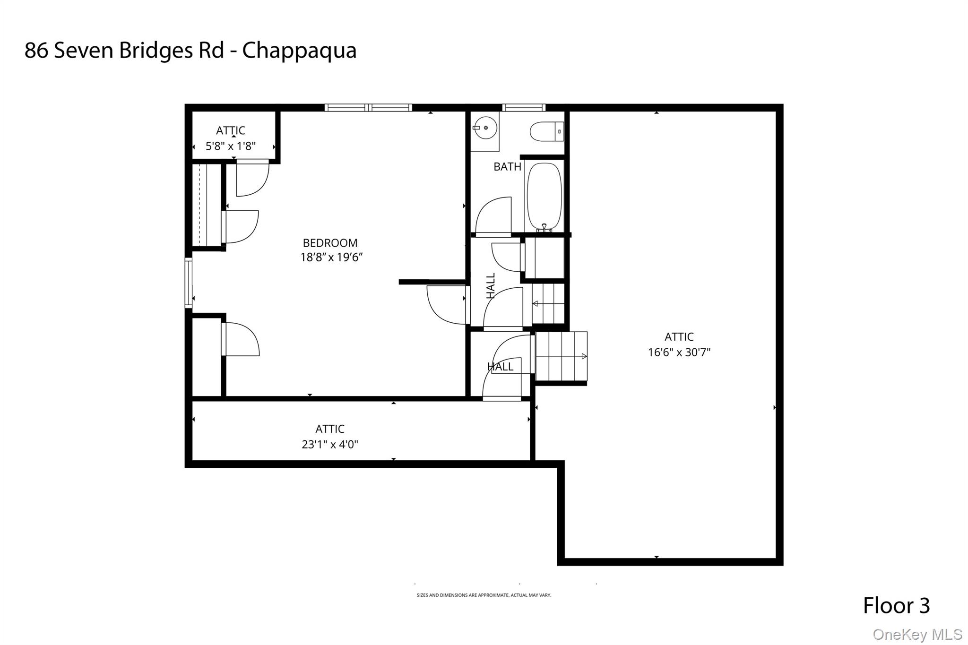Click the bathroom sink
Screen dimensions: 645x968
click(484, 128)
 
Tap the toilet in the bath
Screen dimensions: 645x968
click(546, 131)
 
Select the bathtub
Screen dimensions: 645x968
click(544, 197)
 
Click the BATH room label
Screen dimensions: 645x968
click(507, 167)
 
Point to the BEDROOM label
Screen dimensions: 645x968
click(330, 243)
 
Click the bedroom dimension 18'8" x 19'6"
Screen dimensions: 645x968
click(331, 258)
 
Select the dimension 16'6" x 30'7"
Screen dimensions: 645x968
click(679, 352)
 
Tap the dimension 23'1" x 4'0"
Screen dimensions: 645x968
click(330, 444)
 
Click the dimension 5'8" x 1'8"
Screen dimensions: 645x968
click(231, 146)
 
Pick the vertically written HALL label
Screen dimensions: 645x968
click(491, 285)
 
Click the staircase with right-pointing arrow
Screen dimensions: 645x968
click(562, 356)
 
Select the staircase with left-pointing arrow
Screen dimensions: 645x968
click(549, 303)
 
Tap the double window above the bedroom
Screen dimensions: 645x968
click(368, 108)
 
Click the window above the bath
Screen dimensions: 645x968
click(524, 108)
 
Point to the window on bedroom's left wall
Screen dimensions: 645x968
click(189, 283)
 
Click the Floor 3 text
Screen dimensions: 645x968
click(896, 606)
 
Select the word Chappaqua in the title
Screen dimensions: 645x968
click(299, 51)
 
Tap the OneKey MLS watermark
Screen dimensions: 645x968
click(917, 634)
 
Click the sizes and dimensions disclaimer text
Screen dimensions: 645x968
click(484, 595)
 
